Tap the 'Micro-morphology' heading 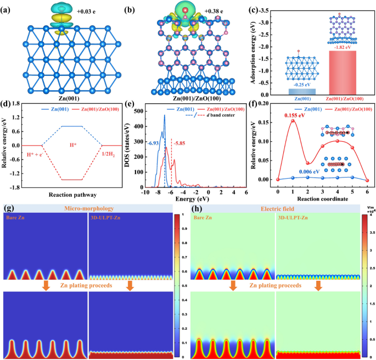click(89, 209)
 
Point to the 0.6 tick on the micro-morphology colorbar click(183, 270)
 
